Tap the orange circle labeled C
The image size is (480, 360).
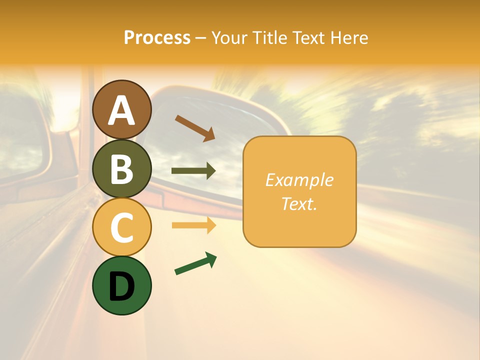[122, 227]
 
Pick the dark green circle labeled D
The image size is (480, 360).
[122, 285]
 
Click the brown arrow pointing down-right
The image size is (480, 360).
[195, 128]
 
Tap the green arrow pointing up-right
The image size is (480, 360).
[195, 263]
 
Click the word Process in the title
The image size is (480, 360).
[157, 37]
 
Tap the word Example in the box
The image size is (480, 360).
[299, 180]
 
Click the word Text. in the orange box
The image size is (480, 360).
[299, 203]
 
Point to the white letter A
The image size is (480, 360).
[122, 110]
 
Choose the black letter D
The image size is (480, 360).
[122, 286]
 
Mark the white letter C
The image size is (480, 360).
[122, 227]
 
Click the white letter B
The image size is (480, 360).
[122, 169]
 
